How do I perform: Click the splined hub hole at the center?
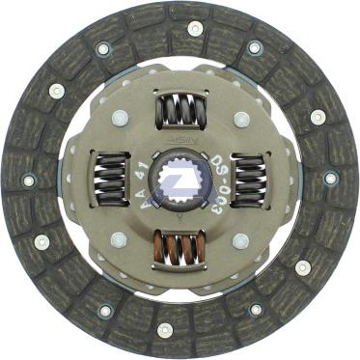point(179,180)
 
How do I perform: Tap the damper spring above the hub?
point(180,110)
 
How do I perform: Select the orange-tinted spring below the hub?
point(180,249)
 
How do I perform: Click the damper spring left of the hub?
point(110,179)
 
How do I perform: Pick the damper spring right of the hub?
point(249,179)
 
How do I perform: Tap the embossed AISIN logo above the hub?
point(180,142)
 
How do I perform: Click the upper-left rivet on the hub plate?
point(120,118)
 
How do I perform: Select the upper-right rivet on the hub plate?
point(240,118)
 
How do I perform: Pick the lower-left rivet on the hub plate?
point(120,240)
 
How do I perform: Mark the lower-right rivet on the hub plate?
point(240,240)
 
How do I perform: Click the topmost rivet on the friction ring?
point(195,29)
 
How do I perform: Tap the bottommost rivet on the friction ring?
point(165,330)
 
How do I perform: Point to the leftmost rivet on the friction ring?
point(29,180)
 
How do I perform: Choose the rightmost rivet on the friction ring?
point(331,179)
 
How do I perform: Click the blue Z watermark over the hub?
point(179,180)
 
